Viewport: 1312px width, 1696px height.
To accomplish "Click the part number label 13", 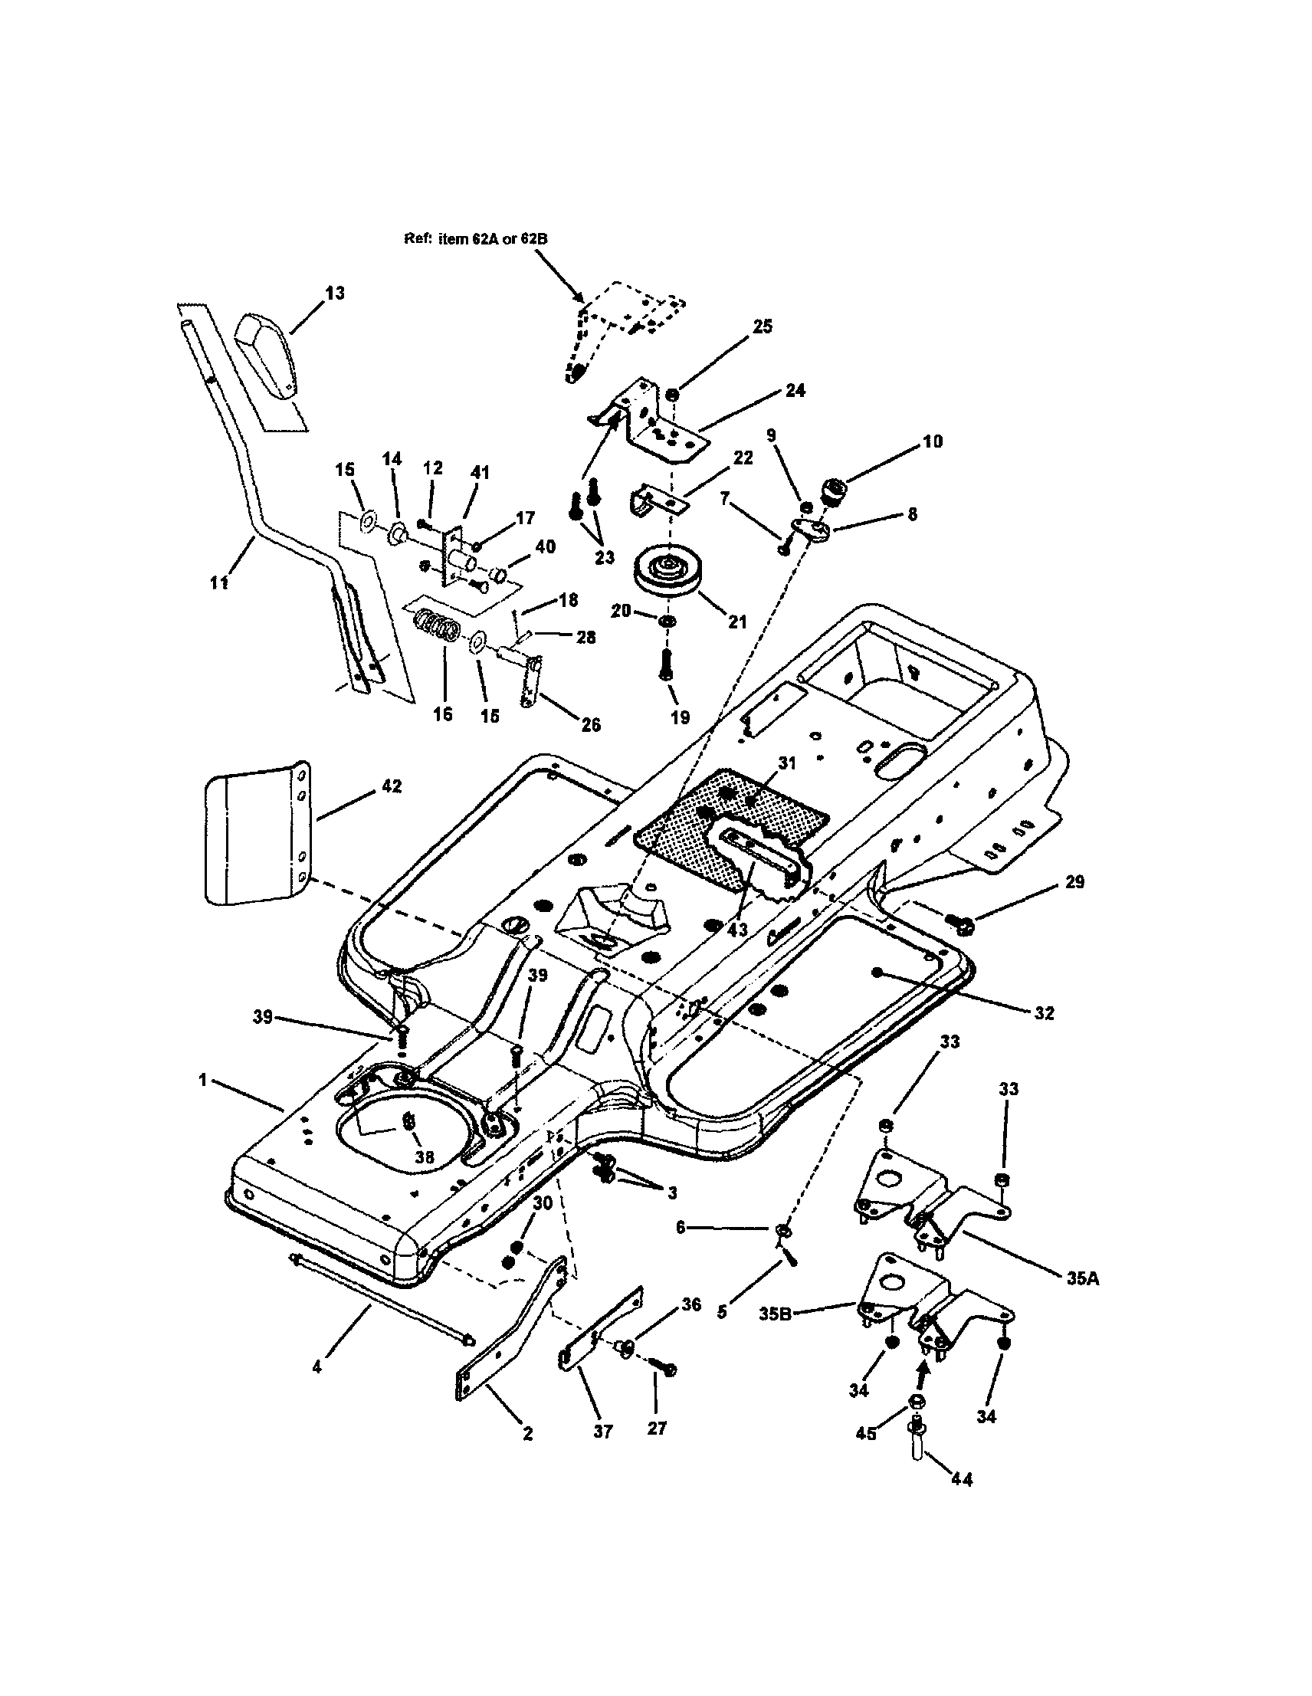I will [335, 293].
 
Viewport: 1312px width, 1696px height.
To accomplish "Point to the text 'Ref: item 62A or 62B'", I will [475, 239].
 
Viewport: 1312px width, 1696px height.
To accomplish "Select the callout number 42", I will [392, 786].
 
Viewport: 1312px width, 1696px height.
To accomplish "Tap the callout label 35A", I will [1081, 1278].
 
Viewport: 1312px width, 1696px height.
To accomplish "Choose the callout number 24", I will [795, 390].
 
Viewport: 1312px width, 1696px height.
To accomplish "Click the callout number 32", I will [1045, 1012].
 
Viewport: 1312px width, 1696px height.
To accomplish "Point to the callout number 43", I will [738, 930].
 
